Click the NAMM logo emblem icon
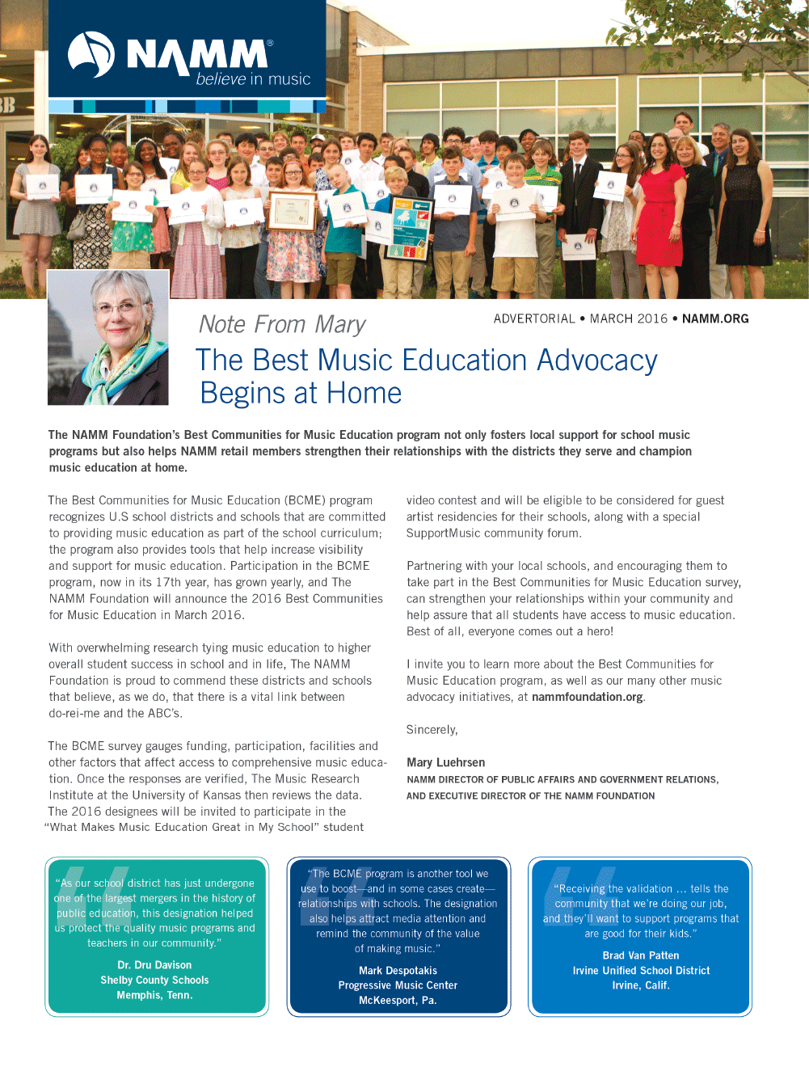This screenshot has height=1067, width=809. pos(91,54)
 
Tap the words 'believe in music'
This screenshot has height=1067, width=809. pos(253,79)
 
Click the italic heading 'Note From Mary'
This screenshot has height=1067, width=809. pos(282,324)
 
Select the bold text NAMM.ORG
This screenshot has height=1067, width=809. pos(715,318)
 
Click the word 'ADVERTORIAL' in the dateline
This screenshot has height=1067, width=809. pos(534,318)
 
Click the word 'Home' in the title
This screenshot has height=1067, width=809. pos(364,394)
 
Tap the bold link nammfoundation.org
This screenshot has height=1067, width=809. pos(588,697)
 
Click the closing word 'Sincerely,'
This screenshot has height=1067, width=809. pos(432,730)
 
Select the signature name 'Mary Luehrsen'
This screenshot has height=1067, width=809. pos(446,762)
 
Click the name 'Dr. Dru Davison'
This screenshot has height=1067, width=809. pos(154,965)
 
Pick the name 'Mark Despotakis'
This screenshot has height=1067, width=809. pos(398,971)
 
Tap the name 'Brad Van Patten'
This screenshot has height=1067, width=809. pos(641,955)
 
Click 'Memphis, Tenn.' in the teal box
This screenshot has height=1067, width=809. pos(154,995)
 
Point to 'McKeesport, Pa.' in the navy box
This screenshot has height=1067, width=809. pos(398,1001)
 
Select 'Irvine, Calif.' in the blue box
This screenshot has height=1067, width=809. pos(641,985)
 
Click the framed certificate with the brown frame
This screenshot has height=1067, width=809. pos(292,212)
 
